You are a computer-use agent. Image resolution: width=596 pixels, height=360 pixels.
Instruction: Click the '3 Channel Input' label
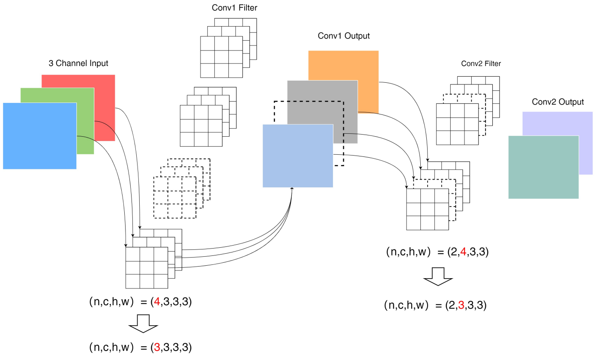coord(78,63)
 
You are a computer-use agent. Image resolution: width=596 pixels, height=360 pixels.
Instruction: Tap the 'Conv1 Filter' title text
coord(234,8)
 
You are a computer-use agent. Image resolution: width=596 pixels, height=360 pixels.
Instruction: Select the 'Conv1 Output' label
coord(344,36)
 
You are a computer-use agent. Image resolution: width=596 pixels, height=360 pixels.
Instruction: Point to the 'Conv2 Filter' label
coord(481,63)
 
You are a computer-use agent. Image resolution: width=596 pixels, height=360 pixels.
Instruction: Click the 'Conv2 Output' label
coord(558,102)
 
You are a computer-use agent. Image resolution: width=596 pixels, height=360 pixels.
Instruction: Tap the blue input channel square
coord(40,136)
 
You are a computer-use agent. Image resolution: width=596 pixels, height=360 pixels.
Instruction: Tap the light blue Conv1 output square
coord(298,156)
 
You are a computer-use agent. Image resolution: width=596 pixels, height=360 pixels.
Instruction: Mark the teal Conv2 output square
coord(544,167)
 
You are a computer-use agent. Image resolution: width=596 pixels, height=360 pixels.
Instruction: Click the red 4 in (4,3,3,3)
coord(157,302)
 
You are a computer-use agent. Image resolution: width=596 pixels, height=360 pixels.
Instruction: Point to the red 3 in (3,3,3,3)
coord(157,347)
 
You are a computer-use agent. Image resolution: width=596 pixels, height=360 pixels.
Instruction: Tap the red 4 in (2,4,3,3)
coord(463,252)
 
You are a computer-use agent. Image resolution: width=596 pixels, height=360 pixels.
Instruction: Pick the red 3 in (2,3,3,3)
coord(461,305)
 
